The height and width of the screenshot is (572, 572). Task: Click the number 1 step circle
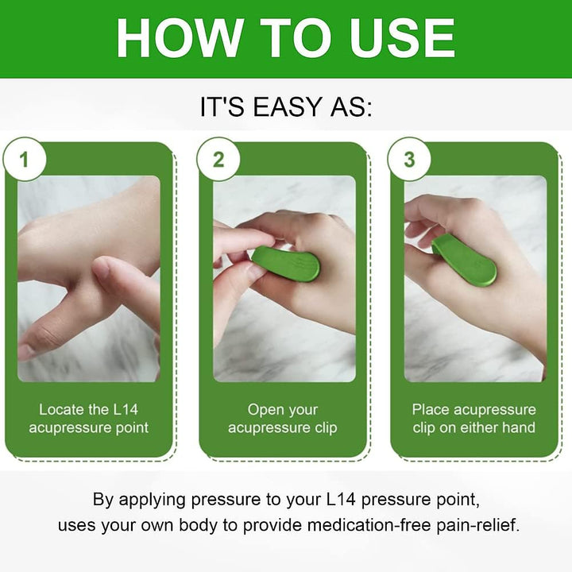pyautogui.click(x=24, y=159)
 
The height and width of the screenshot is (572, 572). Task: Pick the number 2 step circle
pyautogui.click(x=218, y=159)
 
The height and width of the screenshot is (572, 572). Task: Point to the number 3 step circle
pyautogui.click(x=409, y=159)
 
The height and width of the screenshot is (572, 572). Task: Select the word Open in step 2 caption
pyautogui.click(x=265, y=410)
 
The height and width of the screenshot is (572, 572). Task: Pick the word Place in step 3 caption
pyautogui.click(x=431, y=410)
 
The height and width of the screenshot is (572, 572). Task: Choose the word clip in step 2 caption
pyautogui.click(x=323, y=427)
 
